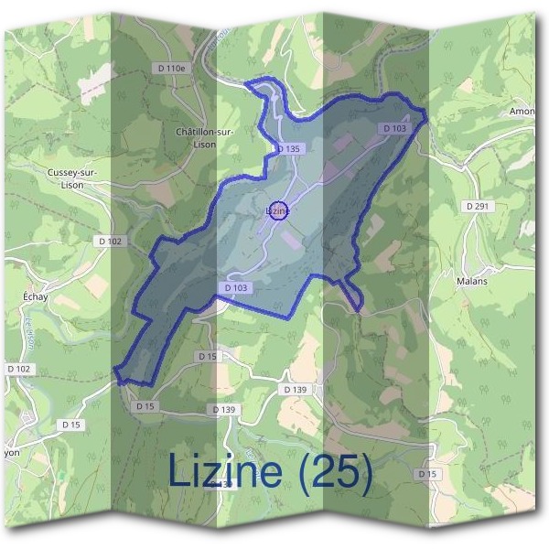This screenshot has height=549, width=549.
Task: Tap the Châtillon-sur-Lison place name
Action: tap(205, 137)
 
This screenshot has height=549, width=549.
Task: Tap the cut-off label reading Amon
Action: tap(522, 112)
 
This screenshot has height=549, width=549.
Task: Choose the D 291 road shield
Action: tap(478, 207)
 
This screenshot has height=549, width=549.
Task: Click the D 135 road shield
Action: tap(287, 148)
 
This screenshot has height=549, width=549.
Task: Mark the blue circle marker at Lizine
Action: tap(279, 210)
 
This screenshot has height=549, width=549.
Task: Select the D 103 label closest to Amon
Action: tap(394, 129)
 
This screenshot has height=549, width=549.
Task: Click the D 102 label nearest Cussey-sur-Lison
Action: tap(109, 242)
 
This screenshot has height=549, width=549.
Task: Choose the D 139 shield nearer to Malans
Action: tap(295, 390)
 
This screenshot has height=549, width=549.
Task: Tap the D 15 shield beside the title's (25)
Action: tap(426, 474)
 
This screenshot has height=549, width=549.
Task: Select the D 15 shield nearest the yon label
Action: tap(71, 425)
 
